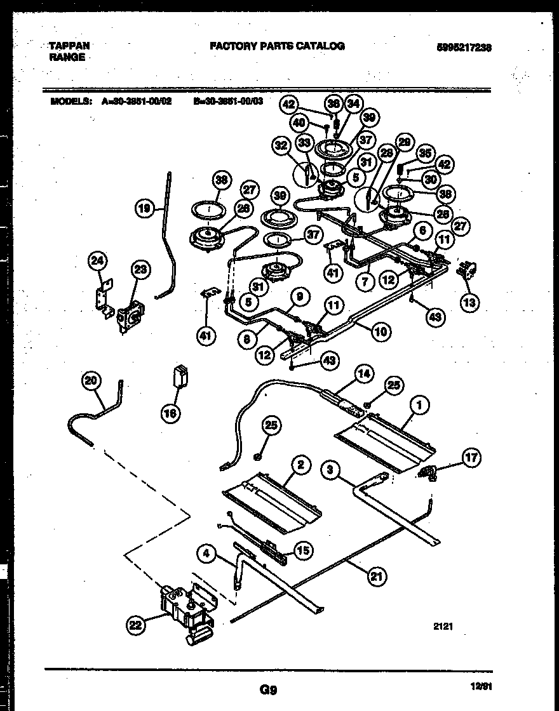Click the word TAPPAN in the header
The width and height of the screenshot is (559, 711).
click(69, 46)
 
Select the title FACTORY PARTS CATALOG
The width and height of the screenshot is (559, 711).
click(277, 46)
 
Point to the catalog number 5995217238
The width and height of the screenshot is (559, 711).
click(464, 47)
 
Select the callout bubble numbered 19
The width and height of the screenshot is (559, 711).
click(145, 208)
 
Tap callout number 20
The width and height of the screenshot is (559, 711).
click(93, 381)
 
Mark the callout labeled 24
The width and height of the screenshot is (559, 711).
click(98, 260)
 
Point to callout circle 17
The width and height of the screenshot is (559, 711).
click(471, 456)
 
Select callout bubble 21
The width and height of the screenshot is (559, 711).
click(377, 576)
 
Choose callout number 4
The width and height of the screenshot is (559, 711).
click(206, 554)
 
